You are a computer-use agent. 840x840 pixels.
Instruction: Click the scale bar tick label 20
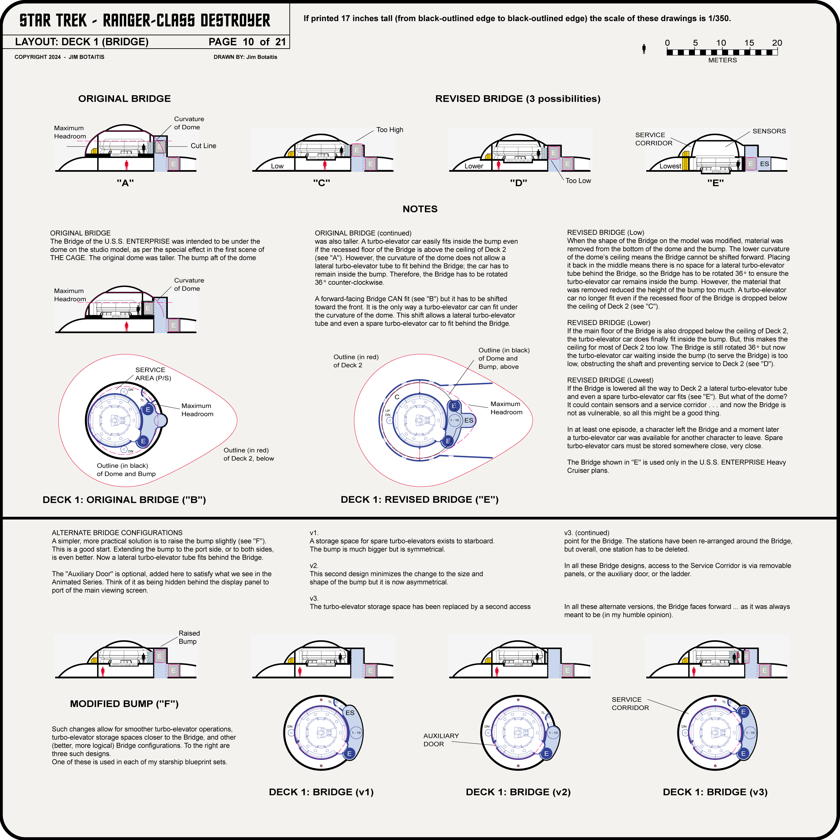[777, 43]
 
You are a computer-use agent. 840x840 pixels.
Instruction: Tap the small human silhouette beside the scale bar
[644, 49]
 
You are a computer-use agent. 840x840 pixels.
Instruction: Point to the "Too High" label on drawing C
[389, 130]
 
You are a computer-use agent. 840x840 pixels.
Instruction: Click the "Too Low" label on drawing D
[578, 180]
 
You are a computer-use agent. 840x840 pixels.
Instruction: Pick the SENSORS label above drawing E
[769, 131]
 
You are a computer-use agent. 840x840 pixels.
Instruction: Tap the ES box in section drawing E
[764, 164]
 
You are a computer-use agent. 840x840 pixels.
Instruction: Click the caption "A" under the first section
[125, 183]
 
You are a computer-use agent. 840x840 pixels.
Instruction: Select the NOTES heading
[420, 209]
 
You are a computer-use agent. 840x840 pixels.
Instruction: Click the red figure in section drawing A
[126, 165]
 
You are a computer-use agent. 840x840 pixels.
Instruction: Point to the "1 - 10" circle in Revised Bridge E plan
[454, 420]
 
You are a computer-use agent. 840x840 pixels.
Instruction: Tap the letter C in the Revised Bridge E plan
[397, 397]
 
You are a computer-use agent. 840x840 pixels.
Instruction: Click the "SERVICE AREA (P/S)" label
[153, 374]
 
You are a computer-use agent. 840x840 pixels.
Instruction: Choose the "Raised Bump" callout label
[189, 637]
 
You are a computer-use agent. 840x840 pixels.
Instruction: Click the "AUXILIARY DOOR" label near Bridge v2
[441, 740]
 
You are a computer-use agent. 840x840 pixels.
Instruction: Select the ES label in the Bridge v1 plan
[350, 713]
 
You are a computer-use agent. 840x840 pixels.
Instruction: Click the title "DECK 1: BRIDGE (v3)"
[715, 792]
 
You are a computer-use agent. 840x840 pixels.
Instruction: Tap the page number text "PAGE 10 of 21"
[247, 42]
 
